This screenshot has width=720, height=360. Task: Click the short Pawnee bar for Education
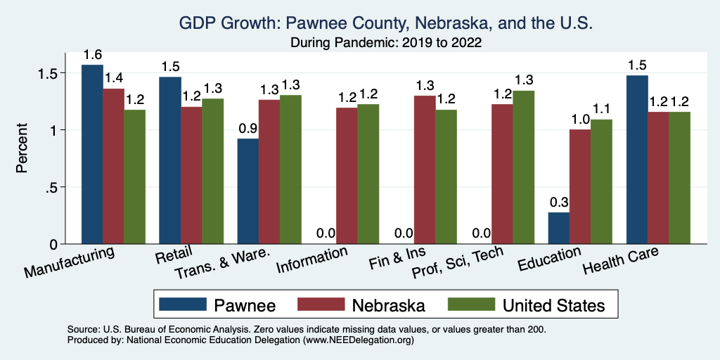(x=559, y=228)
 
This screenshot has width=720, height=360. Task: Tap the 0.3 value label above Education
(x=559, y=201)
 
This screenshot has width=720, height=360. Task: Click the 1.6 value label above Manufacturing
(x=92, y=54)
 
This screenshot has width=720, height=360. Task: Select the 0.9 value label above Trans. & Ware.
(x=248, y=128)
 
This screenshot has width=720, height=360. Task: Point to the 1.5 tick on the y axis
(x=56, y=73)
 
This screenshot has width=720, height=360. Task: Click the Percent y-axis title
(x=22, y=148)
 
